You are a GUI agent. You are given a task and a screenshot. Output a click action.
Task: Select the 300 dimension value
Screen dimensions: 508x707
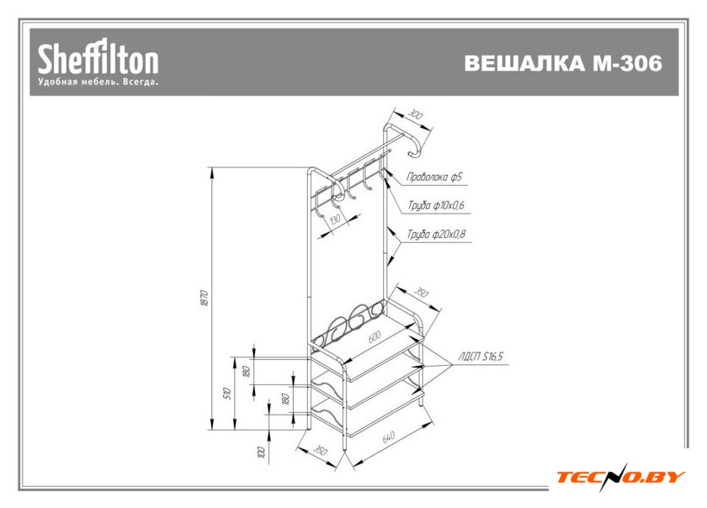(415, 114)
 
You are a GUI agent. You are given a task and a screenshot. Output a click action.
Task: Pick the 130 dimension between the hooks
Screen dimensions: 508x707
(335, 220)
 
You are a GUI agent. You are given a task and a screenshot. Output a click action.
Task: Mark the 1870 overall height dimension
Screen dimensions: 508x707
(203, 299)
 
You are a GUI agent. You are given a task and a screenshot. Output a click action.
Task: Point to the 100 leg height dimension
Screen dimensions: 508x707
(261, 452)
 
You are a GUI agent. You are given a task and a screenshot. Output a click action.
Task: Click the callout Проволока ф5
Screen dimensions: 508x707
(433, 177)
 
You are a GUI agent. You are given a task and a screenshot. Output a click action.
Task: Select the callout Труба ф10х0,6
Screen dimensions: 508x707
(436, 205)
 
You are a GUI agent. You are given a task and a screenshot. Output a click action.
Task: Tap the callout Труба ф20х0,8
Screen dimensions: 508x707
(436, 235)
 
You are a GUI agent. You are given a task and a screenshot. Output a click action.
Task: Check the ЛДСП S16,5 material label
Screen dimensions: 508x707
(480, 357)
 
